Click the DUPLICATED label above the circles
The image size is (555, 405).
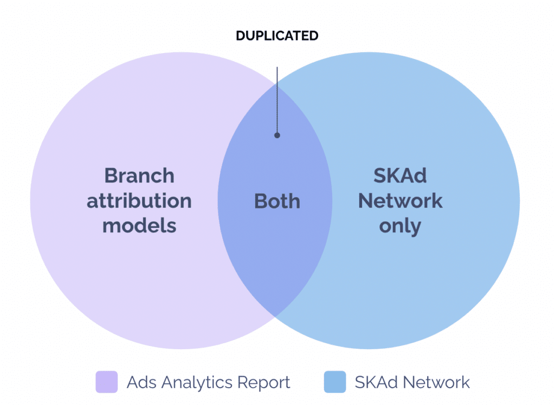(277, 36)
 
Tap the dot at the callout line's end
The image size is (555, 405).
(277, 135)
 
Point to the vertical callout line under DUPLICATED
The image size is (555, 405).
(277, 100)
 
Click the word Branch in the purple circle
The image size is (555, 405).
(139, 176)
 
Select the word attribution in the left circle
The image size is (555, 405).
(139, 201)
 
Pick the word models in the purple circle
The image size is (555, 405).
(139, 225)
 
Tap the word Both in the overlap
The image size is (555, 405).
(277, 201)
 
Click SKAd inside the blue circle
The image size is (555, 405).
(400, 176)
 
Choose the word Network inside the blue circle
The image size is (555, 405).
(400, 201)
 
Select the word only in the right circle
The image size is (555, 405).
(400, 226)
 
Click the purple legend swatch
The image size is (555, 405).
(107, 382)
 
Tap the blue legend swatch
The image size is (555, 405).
(334, 382)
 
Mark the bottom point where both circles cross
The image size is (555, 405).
(275, 316)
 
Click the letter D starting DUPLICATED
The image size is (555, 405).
(240, 36)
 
